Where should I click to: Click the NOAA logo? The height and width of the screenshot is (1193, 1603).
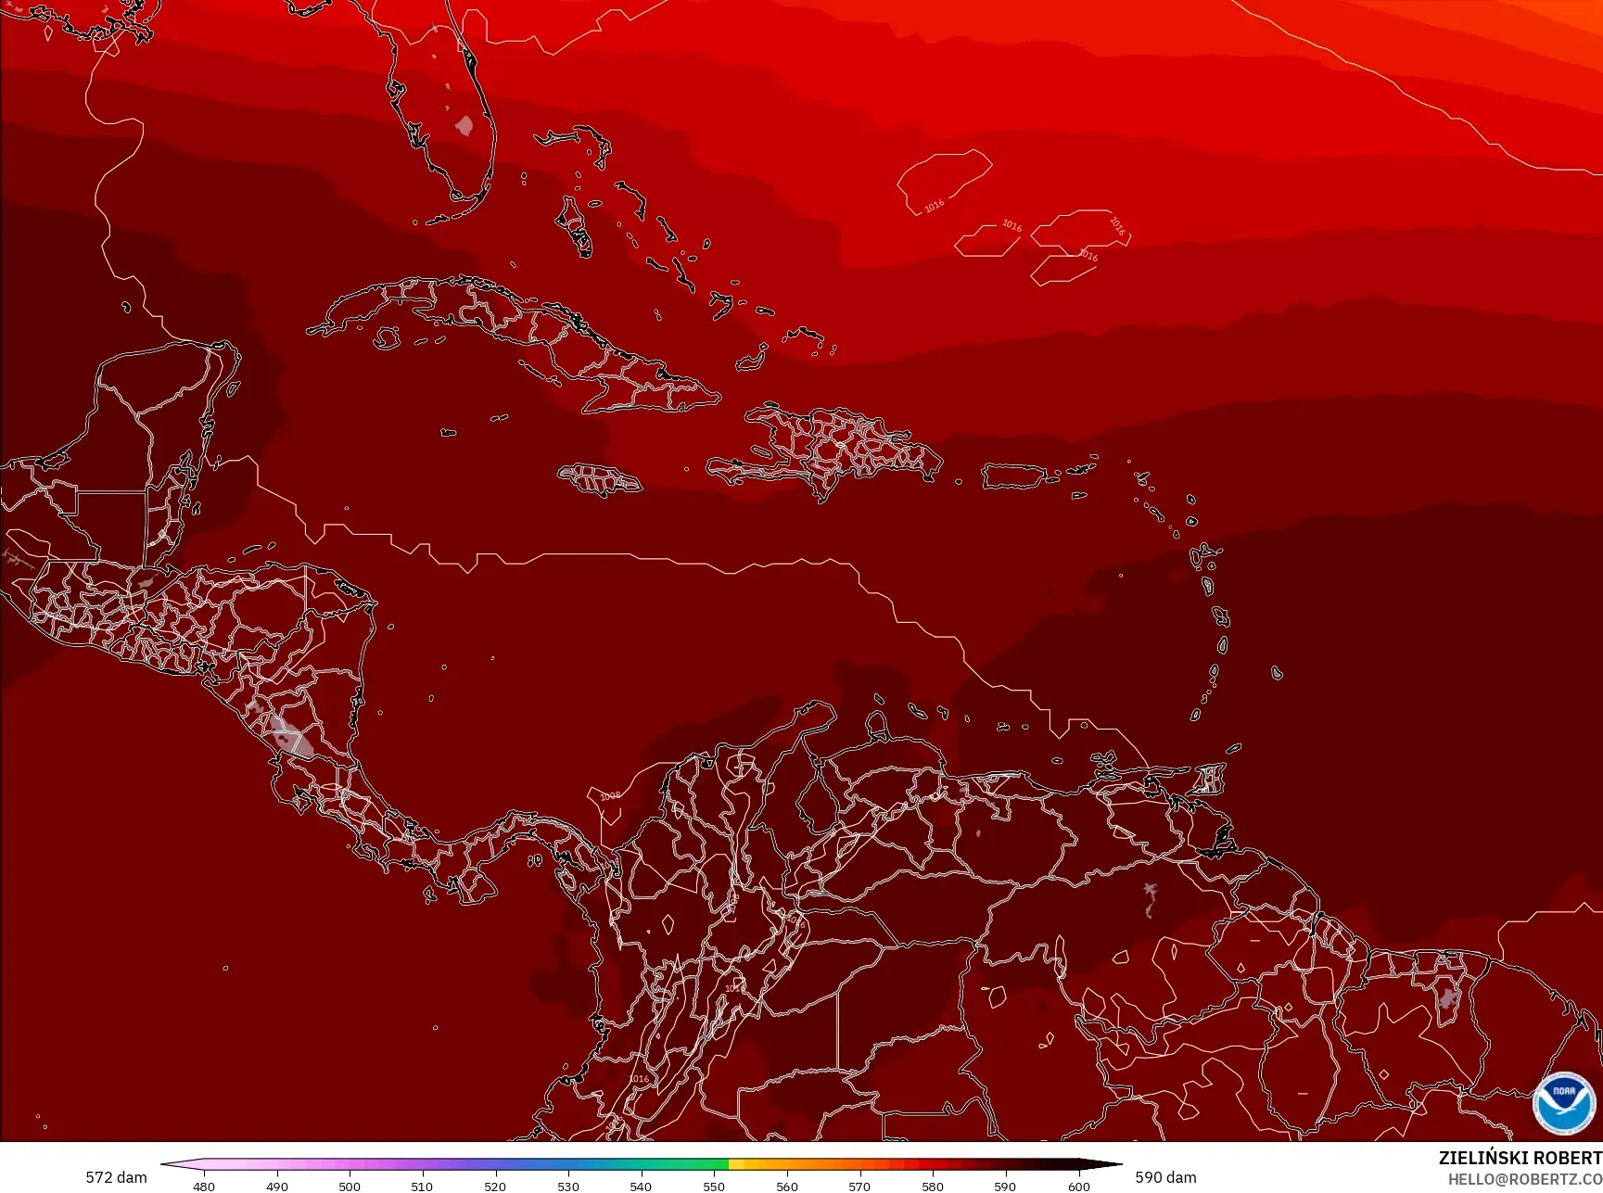1564,1102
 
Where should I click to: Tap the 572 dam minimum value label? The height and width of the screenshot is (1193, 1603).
116,1177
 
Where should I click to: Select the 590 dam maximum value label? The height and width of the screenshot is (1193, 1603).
1165,1177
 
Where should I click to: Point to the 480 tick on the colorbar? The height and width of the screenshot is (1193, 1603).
204,1186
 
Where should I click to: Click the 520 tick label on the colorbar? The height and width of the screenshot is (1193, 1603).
495,1186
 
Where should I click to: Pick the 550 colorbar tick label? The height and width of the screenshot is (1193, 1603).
714,1186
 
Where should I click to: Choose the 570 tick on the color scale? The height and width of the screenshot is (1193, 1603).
859,1186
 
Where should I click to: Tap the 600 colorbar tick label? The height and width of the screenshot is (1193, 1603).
1078,1186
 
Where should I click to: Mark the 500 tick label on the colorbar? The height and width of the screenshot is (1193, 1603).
350,1186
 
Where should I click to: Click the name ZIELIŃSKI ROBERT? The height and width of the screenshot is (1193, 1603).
1520,1158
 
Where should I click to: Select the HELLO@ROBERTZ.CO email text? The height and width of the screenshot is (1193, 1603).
1525,1179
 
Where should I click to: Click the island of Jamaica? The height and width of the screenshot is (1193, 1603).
599,479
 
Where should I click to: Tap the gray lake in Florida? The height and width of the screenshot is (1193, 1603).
464,125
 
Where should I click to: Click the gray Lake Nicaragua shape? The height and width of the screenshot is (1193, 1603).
287,736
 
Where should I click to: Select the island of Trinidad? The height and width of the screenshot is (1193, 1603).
1209,779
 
